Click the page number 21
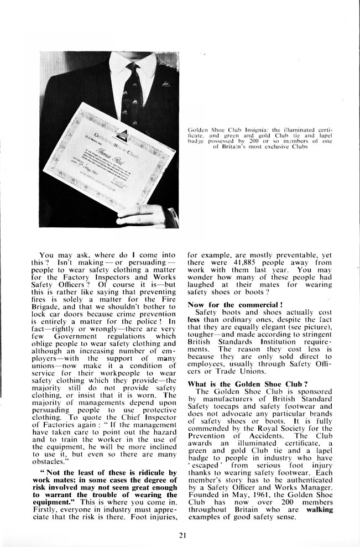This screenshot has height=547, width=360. pos(183,534)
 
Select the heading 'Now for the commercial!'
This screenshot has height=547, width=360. pos(227,304)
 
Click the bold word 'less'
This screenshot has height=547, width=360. pos(193,319)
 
